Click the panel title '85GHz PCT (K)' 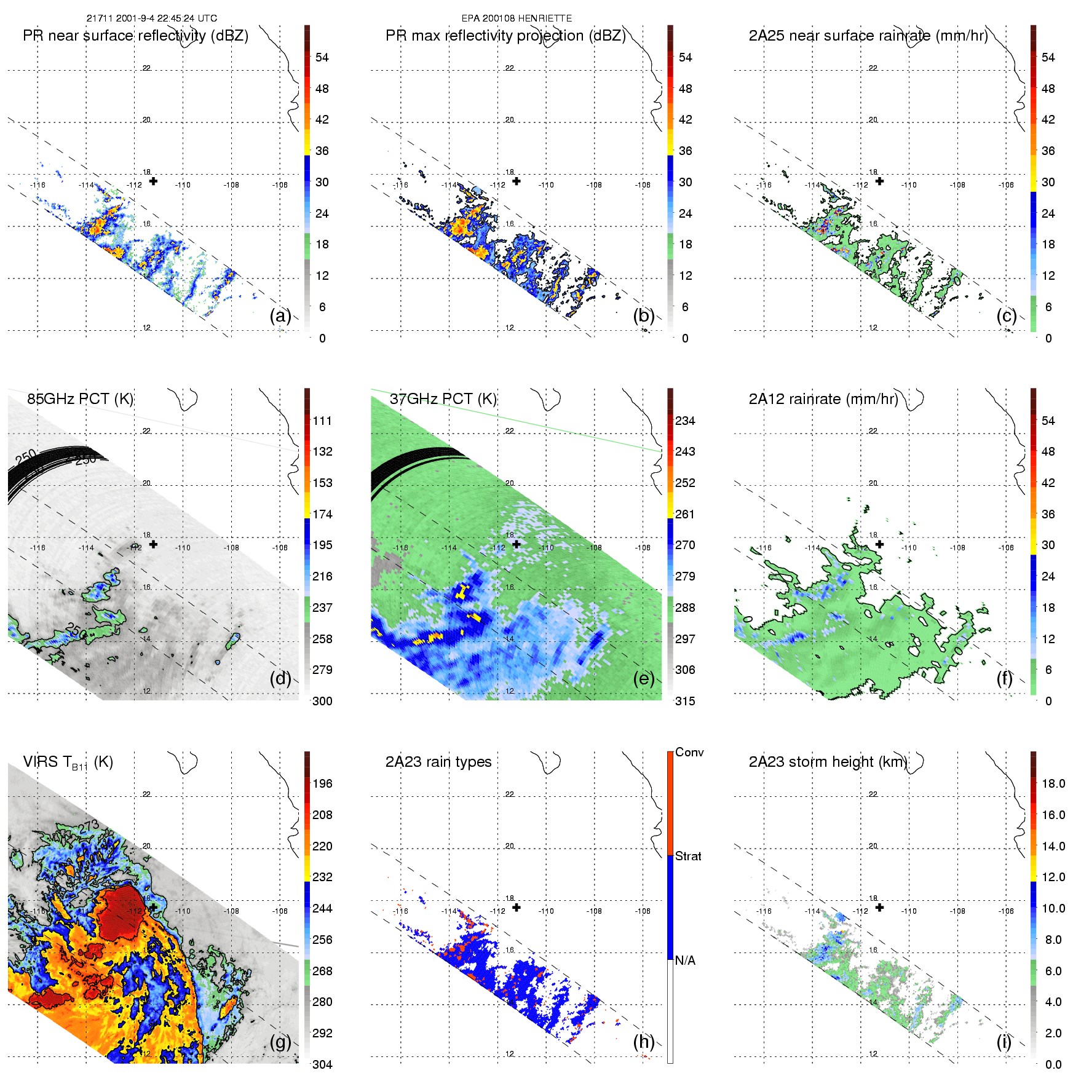tap(80, 399)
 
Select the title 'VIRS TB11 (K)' tap(68, 762)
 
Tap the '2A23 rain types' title tap(438, 762)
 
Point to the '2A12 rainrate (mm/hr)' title tap(823, 399)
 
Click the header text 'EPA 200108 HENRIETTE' tap(517, 18)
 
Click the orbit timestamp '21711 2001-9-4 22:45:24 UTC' tap(151, 18)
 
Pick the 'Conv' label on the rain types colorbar tap(689, 753)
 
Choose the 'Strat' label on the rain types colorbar tap(688, 857)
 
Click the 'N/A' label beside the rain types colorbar tap(685, 960)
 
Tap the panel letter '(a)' tap(280, 316)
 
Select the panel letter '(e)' tap(644, 679)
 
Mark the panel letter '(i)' tap(1004, 1042)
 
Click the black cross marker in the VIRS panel tap(153, 907)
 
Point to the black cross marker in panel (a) tap(153, 181)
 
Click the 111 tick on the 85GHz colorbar tap(322, 421)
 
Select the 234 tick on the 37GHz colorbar tap(685, 421)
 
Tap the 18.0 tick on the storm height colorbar tap(1053, 784)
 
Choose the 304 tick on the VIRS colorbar tap(322, 1064)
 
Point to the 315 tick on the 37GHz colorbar tap(685, 702)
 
